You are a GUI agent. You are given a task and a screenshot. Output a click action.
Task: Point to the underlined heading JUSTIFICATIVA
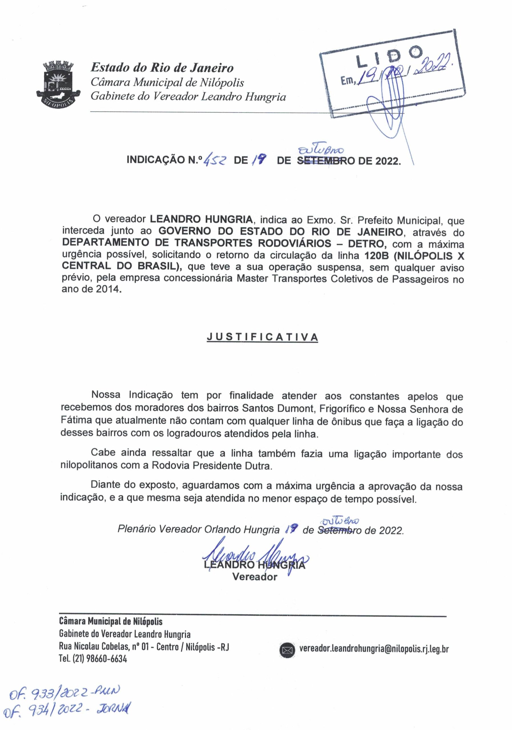click(262, 337)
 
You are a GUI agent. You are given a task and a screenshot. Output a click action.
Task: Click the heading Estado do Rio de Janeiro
click(162, 68)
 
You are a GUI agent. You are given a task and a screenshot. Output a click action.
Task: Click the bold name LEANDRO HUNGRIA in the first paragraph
click(201, 219)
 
